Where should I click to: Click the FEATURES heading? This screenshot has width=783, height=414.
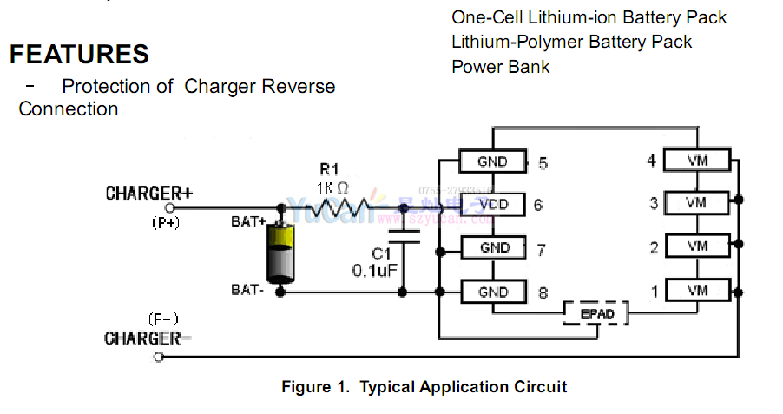pyautogui.click(x=79, y=54)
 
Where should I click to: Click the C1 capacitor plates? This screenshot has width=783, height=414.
pyautogui.click(x=403, y=238)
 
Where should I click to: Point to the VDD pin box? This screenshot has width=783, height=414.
pyautogui.click(x=493, y=205)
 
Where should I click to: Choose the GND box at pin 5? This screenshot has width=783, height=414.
pyautogui.click(x=493, y=161)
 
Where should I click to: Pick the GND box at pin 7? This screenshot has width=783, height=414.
pyautogui.click(x=493, y=248)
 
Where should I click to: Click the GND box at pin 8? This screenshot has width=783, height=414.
pyautogui.click(x=493, y=292)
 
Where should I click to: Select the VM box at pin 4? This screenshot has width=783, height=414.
pyautogui.click(x=697, y=161)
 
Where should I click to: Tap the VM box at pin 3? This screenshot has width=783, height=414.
pyautogui.click(x=697, y=203)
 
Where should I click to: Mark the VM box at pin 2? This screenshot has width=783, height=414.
pyautogui.click(x=697, y=246)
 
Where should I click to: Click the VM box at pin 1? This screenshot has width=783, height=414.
pyautogui.click(x=697, y=290)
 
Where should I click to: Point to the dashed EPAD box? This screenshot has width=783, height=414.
pyautogui.click(x=595, y=313)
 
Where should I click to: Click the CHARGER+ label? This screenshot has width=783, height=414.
pyautogui.click(x=148, y=193)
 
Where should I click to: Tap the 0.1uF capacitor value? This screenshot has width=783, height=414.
pyautogui.click(x=375, y=271)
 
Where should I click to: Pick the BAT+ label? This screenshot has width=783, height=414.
pyautogui.click(x=248, y=222)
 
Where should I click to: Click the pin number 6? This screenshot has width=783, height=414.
pyautogui.click(x=538, y=206)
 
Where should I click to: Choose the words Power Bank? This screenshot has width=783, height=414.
pyautogui.click(x=501, y=67)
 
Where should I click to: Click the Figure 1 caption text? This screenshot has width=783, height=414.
pyautogui.click(x=424, y=387)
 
